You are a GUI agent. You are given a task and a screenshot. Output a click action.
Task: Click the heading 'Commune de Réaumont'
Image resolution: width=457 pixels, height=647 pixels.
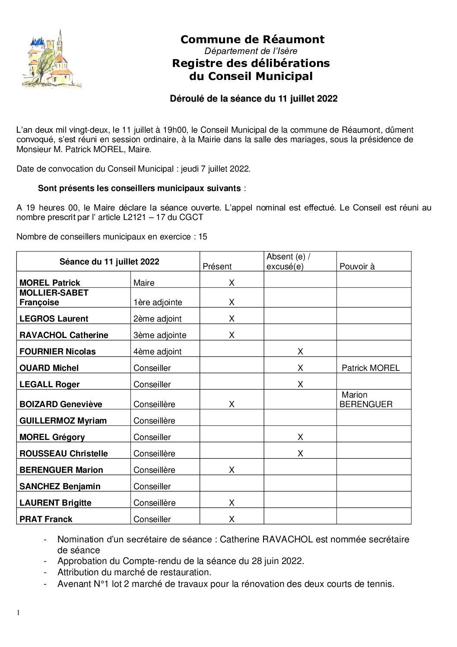click(252, 39)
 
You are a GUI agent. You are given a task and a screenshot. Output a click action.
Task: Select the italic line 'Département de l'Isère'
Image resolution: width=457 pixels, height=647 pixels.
click(251, 51)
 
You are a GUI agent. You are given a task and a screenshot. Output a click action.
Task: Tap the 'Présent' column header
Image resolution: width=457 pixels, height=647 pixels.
click(217, 266)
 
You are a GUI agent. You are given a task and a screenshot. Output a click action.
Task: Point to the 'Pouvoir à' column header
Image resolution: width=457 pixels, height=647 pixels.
click(357, 266)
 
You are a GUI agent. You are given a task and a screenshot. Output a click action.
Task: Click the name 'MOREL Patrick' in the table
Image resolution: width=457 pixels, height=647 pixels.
click(50, 283)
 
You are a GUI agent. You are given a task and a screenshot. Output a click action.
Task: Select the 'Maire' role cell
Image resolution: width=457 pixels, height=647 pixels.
click(144, 283)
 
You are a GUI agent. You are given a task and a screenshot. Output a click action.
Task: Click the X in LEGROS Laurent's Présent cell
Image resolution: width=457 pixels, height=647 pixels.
click(232, 319)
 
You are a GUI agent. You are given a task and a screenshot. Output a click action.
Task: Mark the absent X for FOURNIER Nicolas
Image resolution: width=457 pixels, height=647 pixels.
click(300, 351)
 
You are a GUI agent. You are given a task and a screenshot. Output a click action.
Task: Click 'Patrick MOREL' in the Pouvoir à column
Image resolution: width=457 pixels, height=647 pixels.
click(371, 368)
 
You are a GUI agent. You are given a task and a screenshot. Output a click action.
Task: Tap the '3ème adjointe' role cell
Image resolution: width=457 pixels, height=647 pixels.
click(160, 335)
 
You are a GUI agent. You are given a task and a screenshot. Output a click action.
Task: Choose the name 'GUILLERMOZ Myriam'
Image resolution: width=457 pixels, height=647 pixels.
click(63, 421)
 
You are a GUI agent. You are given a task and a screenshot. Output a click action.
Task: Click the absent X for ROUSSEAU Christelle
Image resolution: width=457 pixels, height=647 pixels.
click(300, 453)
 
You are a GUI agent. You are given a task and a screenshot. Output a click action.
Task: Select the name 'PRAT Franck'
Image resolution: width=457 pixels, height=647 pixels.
click(46, 519)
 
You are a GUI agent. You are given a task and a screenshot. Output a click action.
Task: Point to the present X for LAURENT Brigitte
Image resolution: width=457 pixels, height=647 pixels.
click(232, 503)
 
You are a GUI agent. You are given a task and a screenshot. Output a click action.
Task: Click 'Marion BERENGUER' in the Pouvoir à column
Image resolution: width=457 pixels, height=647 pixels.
click(366, 399)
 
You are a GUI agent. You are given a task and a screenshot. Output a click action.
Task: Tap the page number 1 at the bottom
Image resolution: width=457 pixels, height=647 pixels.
click(18, 612)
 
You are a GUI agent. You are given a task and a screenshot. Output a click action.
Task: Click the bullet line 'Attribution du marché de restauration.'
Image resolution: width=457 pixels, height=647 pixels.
click(134, 572)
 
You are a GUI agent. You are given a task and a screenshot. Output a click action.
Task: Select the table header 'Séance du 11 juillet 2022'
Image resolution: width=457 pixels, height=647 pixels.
click(109, 261)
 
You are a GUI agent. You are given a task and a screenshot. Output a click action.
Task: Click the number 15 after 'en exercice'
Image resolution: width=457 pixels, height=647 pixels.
click(203, 236)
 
